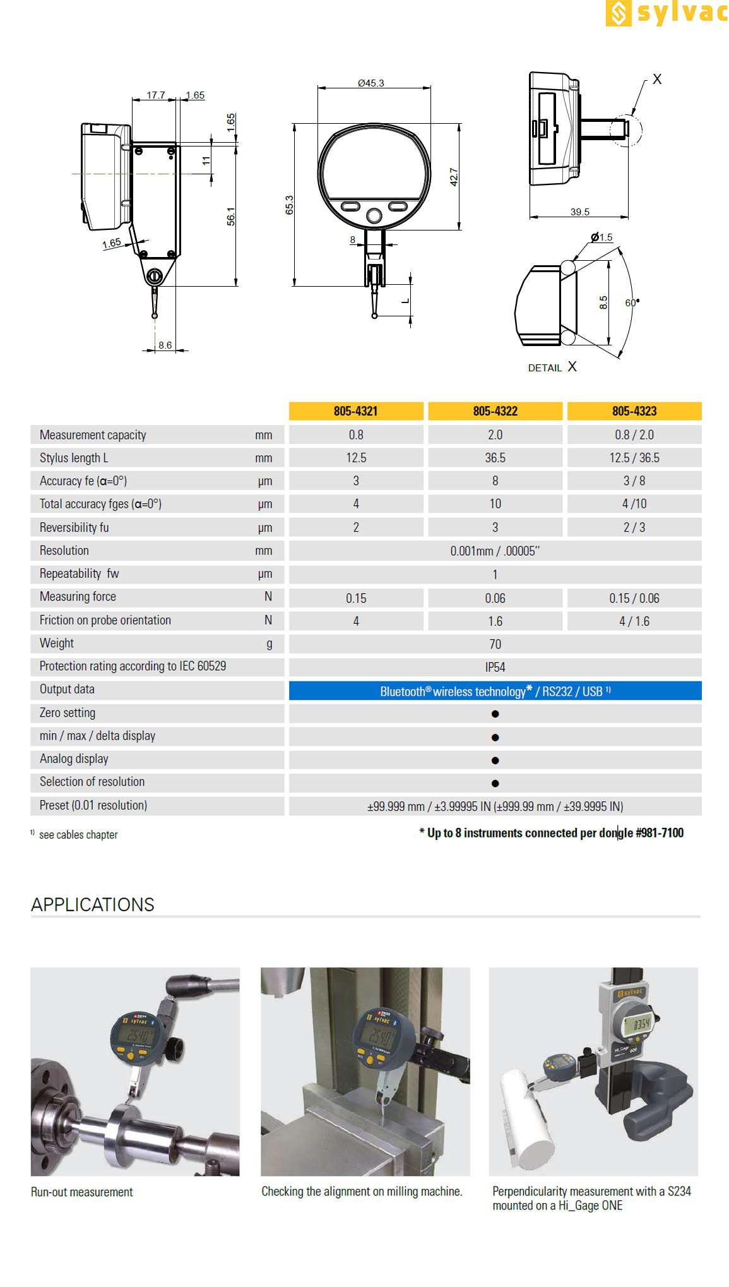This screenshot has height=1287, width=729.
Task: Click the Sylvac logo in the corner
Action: click(x=666, y=13)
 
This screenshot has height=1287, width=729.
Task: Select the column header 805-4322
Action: click(x=495, y=411)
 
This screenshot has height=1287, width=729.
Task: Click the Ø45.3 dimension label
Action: click(x=370, y=83)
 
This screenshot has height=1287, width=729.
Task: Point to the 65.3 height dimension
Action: click(x=289, y=205)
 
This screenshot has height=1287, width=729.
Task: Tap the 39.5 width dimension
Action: click(x=579, y=212)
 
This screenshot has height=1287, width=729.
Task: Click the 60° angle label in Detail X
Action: click(x=632, y=302)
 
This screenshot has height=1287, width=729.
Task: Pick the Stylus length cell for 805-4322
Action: click(x=495, y=458)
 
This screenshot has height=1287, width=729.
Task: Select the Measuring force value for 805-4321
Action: click(x=356, y=598)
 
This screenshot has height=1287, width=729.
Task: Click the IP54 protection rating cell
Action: click(x=495, y=667)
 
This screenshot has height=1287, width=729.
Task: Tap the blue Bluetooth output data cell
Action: click(x=495, y=691)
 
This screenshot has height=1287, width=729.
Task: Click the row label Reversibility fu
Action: click(x=74, y=527)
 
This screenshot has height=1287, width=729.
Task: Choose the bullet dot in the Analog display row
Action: click(x=495, y=760)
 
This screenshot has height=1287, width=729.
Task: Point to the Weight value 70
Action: click(x=495, y=644)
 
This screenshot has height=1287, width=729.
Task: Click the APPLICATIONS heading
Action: click(x=93, y=905)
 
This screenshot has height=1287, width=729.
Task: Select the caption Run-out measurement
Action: click(x=82, y=1192)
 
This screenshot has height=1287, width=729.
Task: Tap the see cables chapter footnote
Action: click(x=78, y=835)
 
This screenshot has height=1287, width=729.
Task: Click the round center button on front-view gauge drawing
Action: click(x=374, y=217)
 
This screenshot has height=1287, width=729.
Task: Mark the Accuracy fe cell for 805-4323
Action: click(x=634, y=481)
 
